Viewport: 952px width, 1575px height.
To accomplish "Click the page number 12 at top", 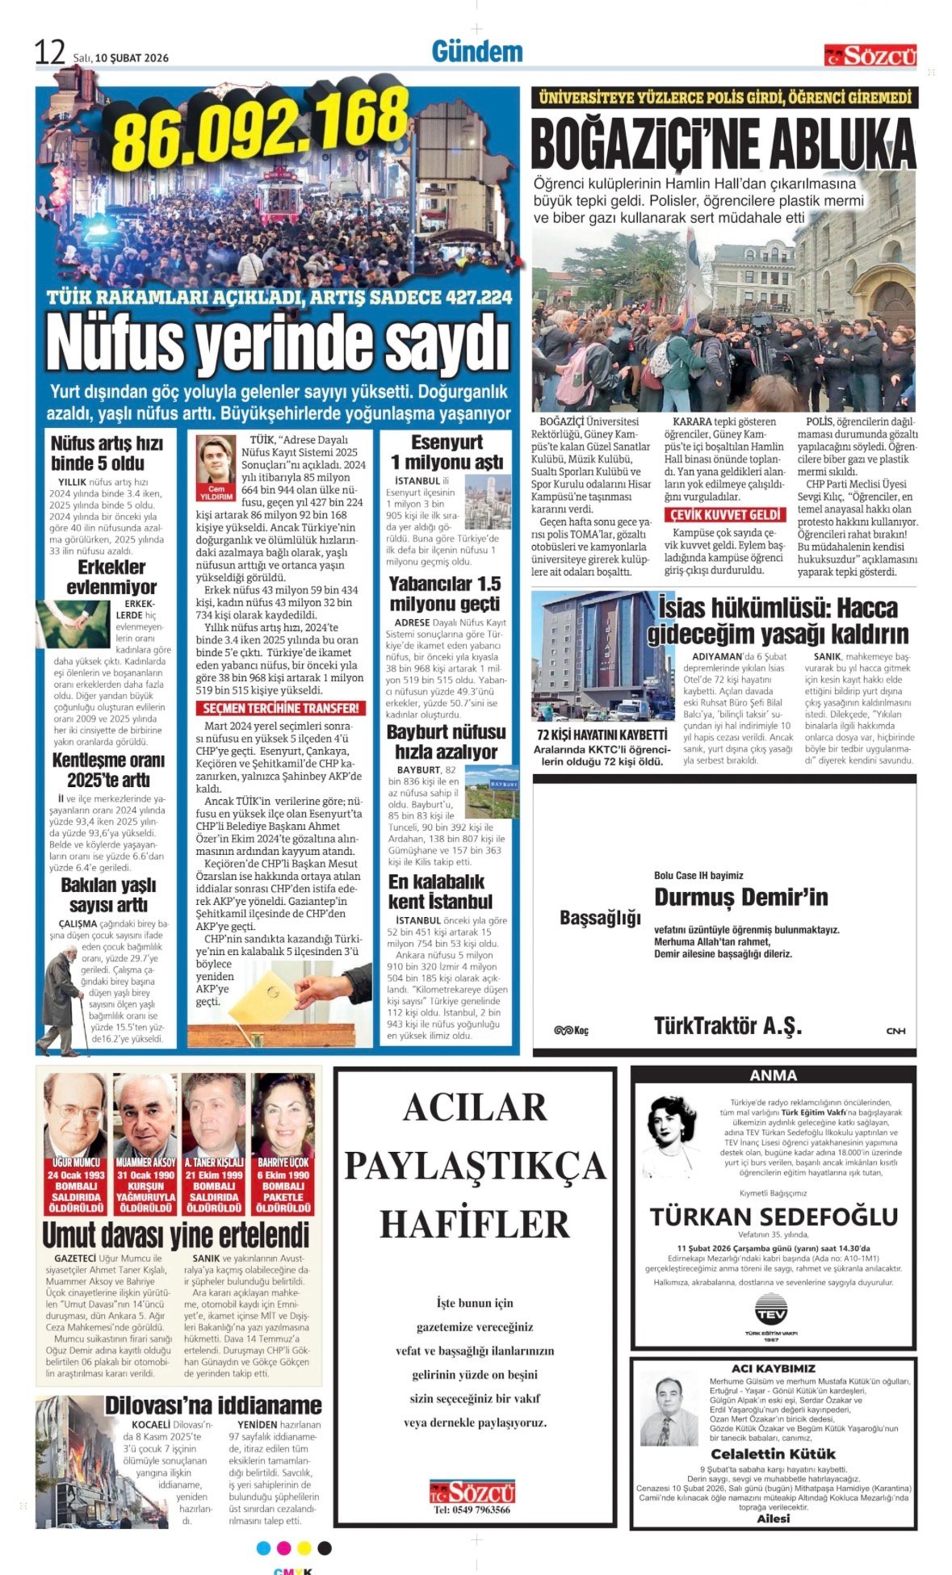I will (49, 53).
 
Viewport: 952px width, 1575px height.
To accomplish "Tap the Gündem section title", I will (477, 52).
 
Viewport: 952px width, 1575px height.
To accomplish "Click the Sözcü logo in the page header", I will (870, 56).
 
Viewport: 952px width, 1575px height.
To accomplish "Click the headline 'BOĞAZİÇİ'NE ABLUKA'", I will (723, 145).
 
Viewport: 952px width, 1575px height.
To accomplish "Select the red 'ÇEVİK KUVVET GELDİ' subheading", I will (724, 515).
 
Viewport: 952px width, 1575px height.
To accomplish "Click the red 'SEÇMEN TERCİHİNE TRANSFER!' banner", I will (280, 708).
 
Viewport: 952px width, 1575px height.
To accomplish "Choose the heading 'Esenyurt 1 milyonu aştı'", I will (447, 452).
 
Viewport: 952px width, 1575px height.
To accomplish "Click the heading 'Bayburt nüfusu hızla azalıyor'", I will (446, 742).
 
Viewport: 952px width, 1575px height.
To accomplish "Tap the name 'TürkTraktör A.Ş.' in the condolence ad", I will (728, 1026).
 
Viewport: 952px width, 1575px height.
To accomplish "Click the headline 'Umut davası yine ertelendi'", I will (176, 1235).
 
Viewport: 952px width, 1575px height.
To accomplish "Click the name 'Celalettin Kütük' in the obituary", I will (773, 1454).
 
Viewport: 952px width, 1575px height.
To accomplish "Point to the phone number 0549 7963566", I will (472, 1510).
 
